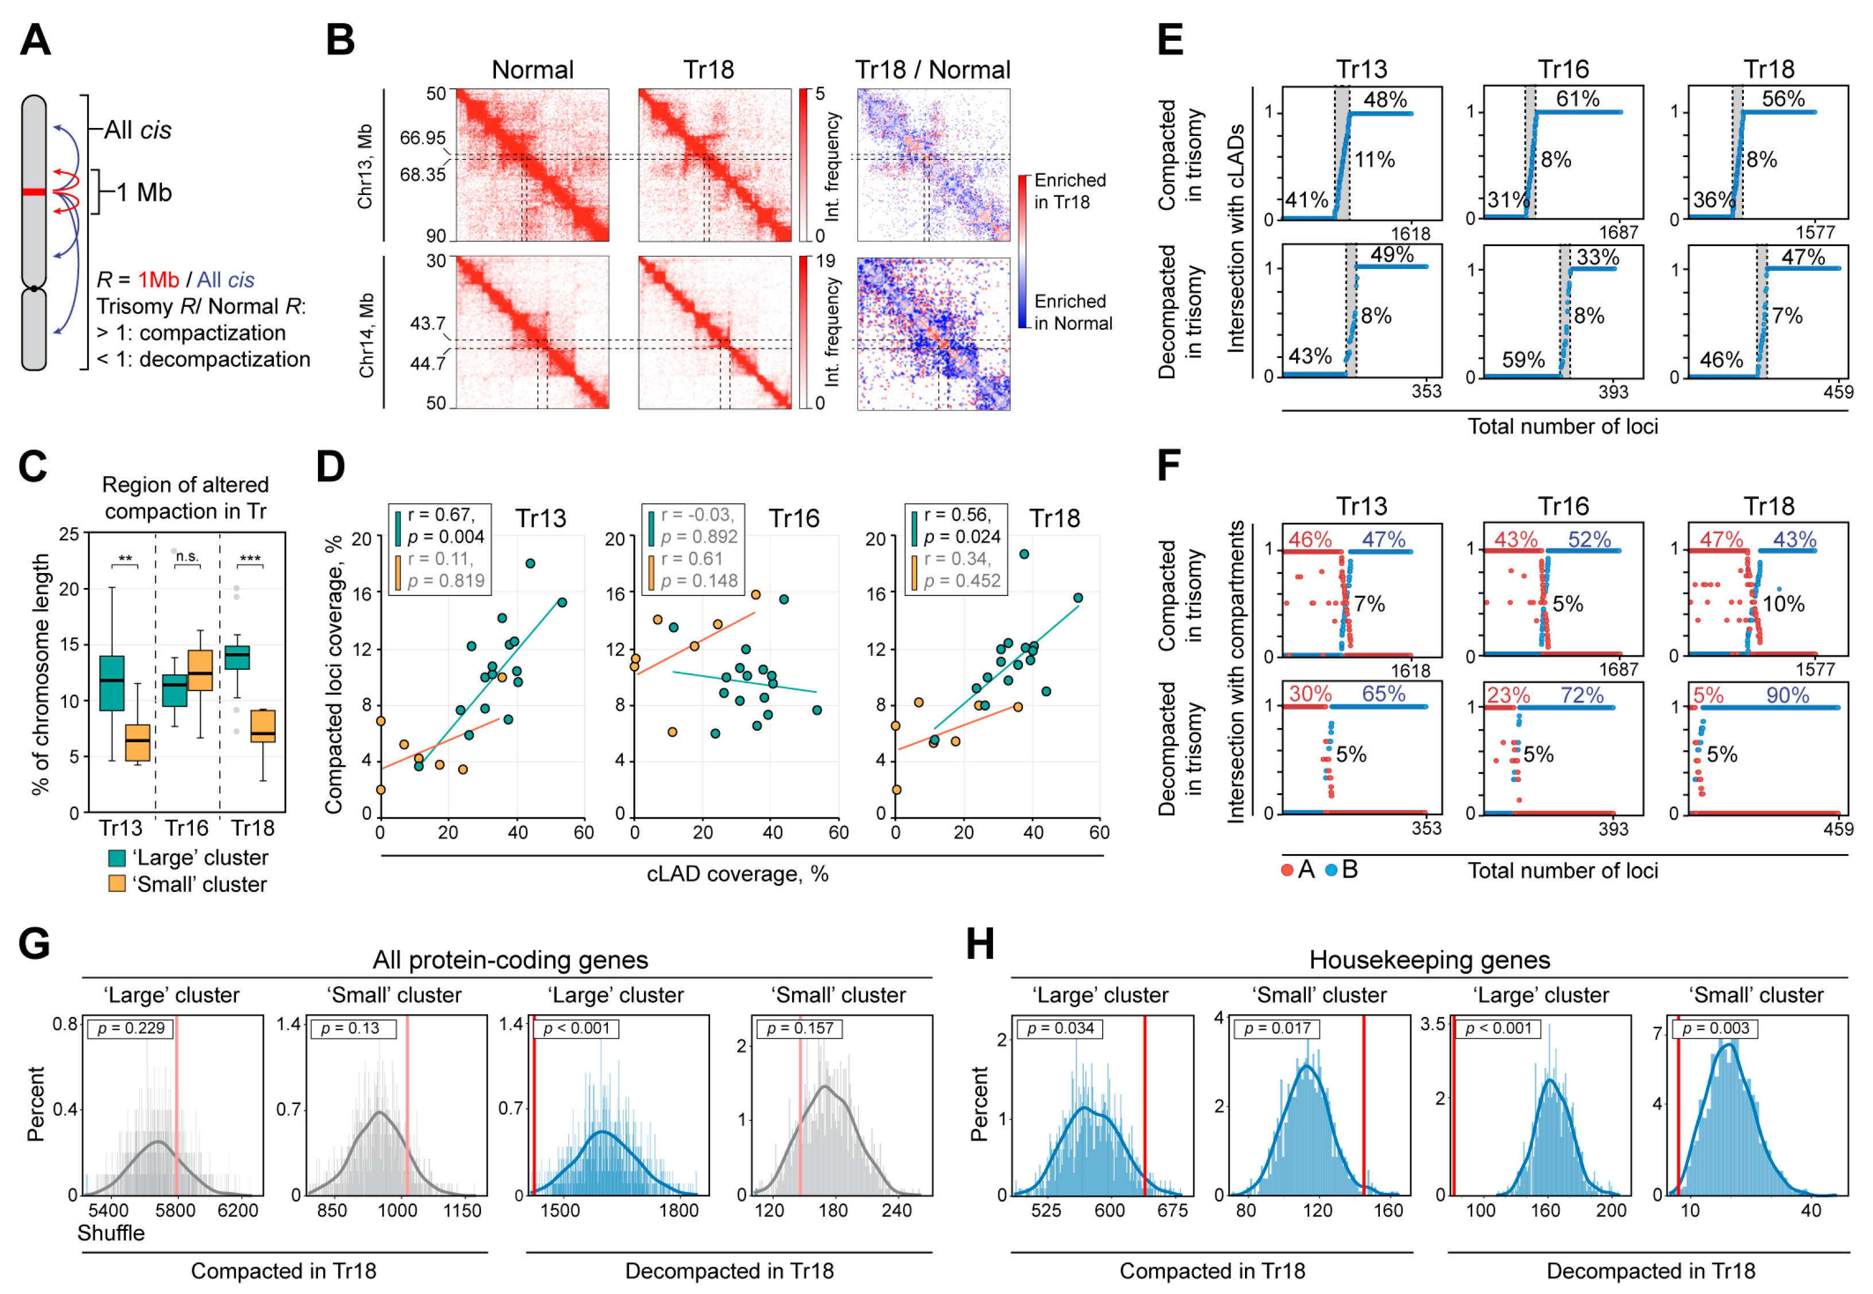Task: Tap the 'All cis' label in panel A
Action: (x=138, y=130)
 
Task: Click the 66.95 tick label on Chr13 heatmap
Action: (x=422, y=138)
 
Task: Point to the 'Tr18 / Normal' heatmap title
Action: (x=933, y=70)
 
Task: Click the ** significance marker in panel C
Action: (x=125, y=559)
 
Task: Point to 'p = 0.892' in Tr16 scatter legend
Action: (x=699, y=537)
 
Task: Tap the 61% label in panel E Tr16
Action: (x=1577, y=99)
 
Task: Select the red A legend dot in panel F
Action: (x=1286, y=871)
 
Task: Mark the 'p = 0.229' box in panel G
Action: (x=131, y=1028)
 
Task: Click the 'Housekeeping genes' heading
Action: (x=1429, y=960)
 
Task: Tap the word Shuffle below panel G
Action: (x=111, y=1233)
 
